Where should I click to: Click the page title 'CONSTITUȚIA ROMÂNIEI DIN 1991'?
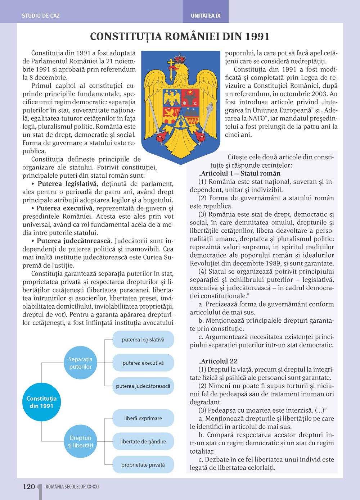pyautogui.click(x=180, y=37)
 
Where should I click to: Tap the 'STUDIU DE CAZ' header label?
pyautogui.click(x=41, y=16)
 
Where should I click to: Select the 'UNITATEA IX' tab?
pyautogui.click(x=206, y=16)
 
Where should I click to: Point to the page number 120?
pyautogui.click(x=29, y=487)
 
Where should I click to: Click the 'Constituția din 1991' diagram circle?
pyautogui.click(x=41, y=402)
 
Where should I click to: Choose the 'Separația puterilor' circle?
pyautogui.click(x=80, y=363)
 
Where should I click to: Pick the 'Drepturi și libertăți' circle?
pyautogui.click(x=80, y=441)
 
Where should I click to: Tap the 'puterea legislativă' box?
pyautogui.click(x=143, y=340)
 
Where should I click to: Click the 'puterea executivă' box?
pyautogui.click(x=143, y=363)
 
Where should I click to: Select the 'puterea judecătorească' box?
pyautogui.click(x=143, y=386)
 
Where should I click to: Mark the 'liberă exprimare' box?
pyautogui.click(x=143, y=418)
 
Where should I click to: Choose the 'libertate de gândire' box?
pyautogui.click(x=143, y=441)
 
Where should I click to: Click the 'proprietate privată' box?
pyautogui.click(x=143, y=465)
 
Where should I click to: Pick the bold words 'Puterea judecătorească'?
pyautogui.click(x=73, y=241)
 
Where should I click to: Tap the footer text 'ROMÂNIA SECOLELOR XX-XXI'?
pyautogui.click(x=72, y=487)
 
